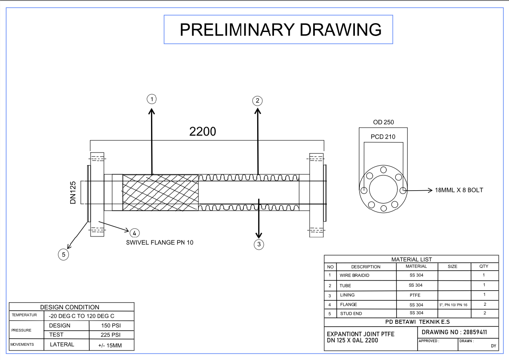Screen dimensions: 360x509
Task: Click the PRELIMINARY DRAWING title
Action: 280,30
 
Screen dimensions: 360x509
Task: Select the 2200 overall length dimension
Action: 203,132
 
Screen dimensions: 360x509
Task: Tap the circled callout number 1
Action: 152,99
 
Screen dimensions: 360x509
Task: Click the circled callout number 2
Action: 257,100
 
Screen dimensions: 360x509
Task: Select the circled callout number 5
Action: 64,255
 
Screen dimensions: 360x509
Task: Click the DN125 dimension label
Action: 73,192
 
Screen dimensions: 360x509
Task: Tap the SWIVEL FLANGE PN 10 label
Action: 159,243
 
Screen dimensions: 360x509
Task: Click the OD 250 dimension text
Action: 383,122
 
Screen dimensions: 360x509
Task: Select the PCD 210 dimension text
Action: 383,137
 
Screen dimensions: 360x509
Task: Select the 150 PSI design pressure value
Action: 111,326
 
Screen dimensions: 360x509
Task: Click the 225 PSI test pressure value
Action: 111,335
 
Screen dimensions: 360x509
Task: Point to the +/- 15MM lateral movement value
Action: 110,345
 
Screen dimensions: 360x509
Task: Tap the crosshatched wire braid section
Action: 160,192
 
